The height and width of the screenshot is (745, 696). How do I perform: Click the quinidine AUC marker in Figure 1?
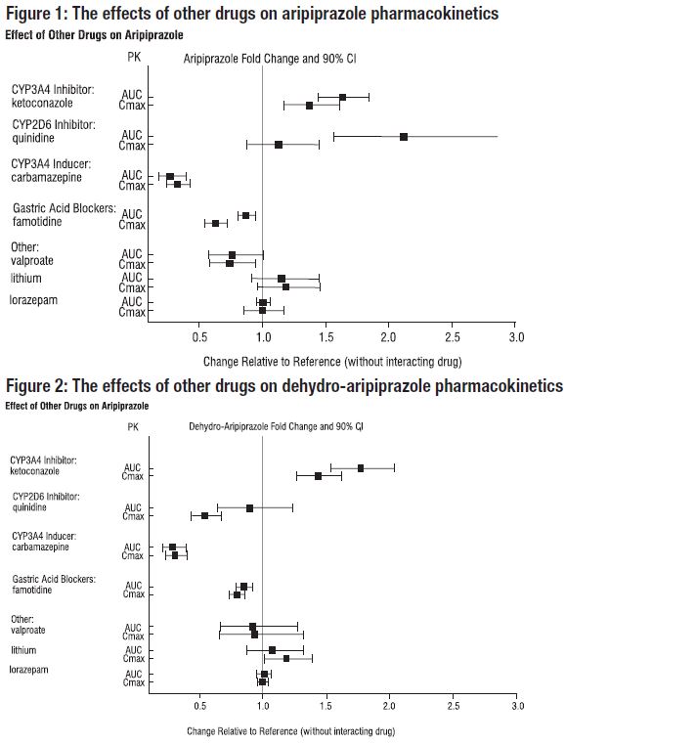point(404,137)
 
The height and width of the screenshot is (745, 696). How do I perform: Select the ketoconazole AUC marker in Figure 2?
point(361,468)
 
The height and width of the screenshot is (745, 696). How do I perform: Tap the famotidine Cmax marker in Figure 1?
point(215,224)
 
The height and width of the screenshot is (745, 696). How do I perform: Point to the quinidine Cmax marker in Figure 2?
point(204,515)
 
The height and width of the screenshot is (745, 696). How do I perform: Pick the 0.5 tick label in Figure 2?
point(199,705)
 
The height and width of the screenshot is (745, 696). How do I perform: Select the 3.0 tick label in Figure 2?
point(517,705)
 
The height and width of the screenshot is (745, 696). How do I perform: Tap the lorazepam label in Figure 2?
point(30,670)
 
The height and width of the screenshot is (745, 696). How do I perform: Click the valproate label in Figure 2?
point(28,631)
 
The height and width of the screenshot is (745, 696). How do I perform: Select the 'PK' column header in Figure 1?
point(134,58)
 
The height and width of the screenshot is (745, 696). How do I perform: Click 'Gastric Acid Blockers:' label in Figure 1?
point(65,208)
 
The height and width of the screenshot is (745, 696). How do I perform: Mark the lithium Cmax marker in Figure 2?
point(286,658)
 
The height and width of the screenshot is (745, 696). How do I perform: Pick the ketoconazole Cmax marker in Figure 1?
point(310,105)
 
